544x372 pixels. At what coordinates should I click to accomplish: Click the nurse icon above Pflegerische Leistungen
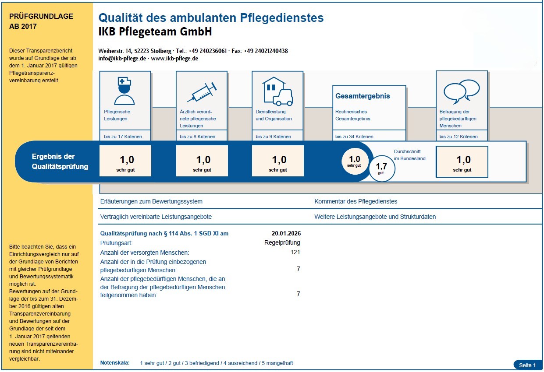pos(124,91)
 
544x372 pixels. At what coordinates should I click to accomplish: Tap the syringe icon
pos(201,92)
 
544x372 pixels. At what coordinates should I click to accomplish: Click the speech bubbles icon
pos(461,90)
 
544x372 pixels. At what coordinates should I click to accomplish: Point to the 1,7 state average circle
pos(381,168)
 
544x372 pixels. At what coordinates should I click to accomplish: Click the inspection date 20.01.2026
pos(286,233)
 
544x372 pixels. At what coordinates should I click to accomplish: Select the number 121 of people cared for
pos(295,253)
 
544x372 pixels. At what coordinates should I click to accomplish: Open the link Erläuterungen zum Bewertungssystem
pos(151,202)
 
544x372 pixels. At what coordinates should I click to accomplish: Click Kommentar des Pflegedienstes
pos(356,202)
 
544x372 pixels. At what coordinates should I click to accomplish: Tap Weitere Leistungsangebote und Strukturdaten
pos(375,217)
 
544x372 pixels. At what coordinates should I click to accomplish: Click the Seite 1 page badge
pos(527,365)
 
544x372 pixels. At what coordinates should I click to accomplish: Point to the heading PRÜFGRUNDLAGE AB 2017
pos(41,21)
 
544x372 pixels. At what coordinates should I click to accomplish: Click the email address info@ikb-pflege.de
pos(122,58)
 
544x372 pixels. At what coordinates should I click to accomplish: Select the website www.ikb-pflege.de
pos(174,58)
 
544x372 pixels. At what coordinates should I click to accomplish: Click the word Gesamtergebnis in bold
pos(362,96)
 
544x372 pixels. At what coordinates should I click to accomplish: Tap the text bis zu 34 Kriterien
pos(354,137)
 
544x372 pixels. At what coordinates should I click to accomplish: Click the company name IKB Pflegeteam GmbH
pos(155,32)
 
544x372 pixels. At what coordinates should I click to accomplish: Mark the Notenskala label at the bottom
pos(115,363)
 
